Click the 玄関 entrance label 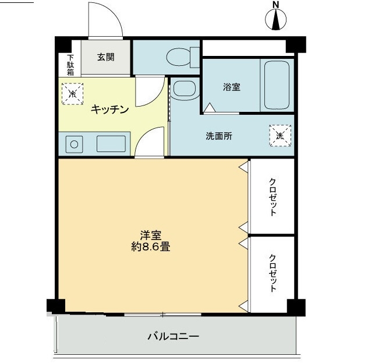[x=105, y=57]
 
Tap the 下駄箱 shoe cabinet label [x=70, y=65]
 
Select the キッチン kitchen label [x=109, y=109]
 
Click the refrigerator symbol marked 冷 [x=73, y=93]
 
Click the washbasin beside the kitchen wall [x=185, y=90]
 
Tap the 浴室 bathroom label [x=231, y=87]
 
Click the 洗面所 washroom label [x=219, y=136]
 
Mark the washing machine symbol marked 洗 [x=280, y=136]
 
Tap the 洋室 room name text [x=150, y=235]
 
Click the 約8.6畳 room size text [x=151, y=247]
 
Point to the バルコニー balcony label [x=173, y=336]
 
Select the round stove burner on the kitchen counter [x=74, y=143]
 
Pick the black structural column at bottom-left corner [x=54, y=306]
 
